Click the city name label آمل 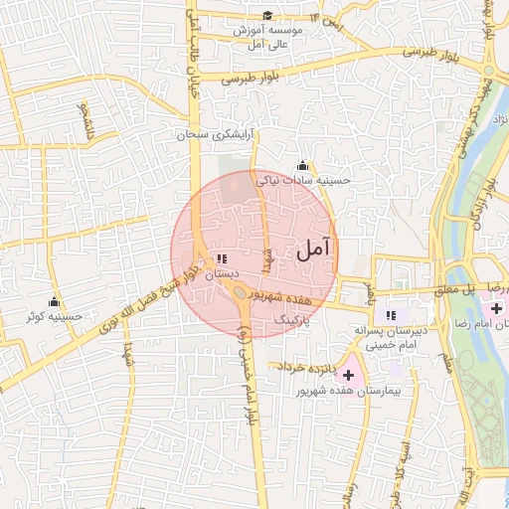coord(316,252)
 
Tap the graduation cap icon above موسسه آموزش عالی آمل coord(267,15)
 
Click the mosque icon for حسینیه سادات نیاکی coord(302,165)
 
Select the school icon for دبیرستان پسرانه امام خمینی coord(391,315)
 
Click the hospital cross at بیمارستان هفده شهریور coord(348,375)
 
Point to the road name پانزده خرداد coord(307,370)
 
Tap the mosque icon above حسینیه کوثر coord(54,301)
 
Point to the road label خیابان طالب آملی coord(192,55)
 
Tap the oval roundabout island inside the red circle coord(243,292)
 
